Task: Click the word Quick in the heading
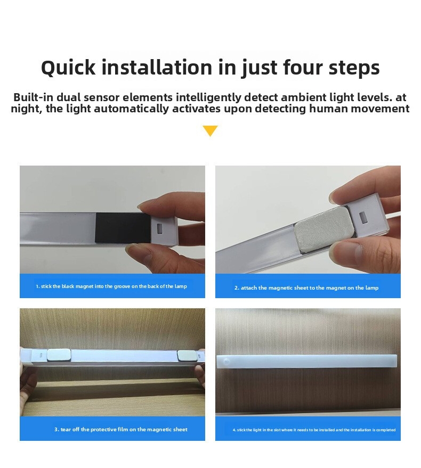tap(68, 68)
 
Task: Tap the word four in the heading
tap(302, 67)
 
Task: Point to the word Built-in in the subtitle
tap(34, 97)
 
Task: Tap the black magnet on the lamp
tap(123, 228)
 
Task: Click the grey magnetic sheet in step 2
tap(323, 229)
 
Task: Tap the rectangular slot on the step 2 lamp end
tap(363, 218)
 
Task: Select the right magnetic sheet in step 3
tap(187, 355)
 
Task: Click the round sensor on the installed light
tap(226, 362)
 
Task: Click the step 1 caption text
tap(111, 286)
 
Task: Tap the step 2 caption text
tap(306, 288)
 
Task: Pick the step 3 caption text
tap(121, 429)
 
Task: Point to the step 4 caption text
tap(314, 430)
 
